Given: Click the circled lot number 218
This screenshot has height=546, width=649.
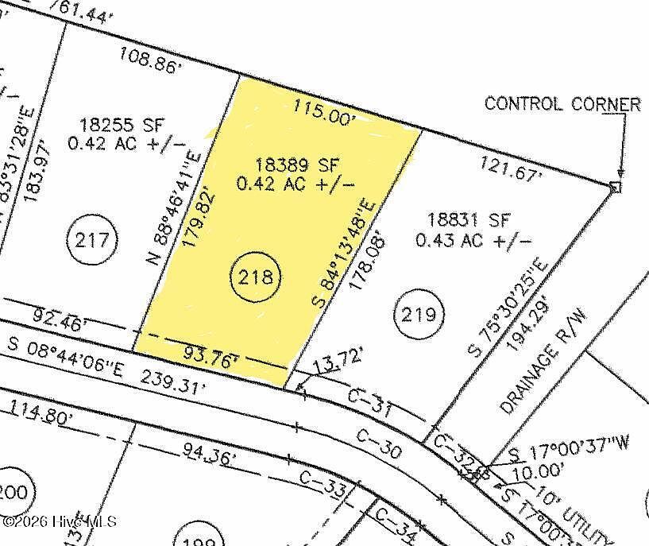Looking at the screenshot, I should pos(257,277).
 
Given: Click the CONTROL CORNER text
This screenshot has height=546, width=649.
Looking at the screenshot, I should pos(562,104).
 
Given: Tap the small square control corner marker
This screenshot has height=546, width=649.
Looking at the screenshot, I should pos(615,187).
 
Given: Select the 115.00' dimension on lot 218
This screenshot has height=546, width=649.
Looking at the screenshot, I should pos(321,110).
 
